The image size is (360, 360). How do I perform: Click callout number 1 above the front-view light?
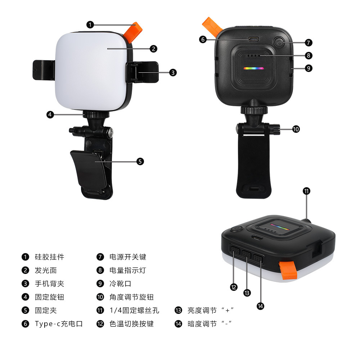(x=90, y=25)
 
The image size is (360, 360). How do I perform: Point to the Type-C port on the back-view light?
(x=253, y=39)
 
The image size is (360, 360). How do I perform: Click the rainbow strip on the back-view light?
(x=254, y=68)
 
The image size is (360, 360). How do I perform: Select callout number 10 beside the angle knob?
(x=296, y=129)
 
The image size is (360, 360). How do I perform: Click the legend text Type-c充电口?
(x=59, y=324)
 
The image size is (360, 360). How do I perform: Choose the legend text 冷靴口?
(x=120, y=284)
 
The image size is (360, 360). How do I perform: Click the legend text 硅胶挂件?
(x=49, y=257)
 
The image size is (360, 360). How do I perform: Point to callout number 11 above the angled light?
(x=306, y=191)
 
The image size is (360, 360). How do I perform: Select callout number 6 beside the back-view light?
(x=203, y=40)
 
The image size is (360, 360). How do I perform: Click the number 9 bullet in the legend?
(x=100, y=284)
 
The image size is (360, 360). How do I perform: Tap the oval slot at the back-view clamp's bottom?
(x=254, y=189)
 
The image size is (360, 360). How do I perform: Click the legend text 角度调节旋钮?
(x=131, y=297)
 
